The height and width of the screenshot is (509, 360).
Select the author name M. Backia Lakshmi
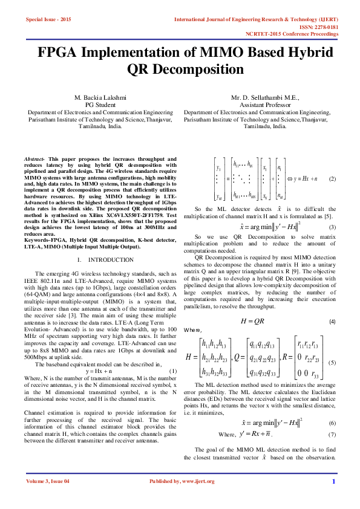click(x=100, y=97)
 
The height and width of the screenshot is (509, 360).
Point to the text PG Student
click(x=100, y=105)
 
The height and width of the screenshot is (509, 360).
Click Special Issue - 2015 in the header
click(x=48, y=20)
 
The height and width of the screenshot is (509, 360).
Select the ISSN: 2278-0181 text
click(x=332, y=27)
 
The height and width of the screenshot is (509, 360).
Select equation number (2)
click(x=332, y=180)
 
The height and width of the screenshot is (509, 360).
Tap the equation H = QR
click(x=252, y=322)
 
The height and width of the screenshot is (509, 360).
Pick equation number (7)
click(x=332, y=418)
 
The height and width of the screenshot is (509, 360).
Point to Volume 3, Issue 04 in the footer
click(x=49, y=498)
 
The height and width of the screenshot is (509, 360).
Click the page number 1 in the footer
click(x=333, y=498)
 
